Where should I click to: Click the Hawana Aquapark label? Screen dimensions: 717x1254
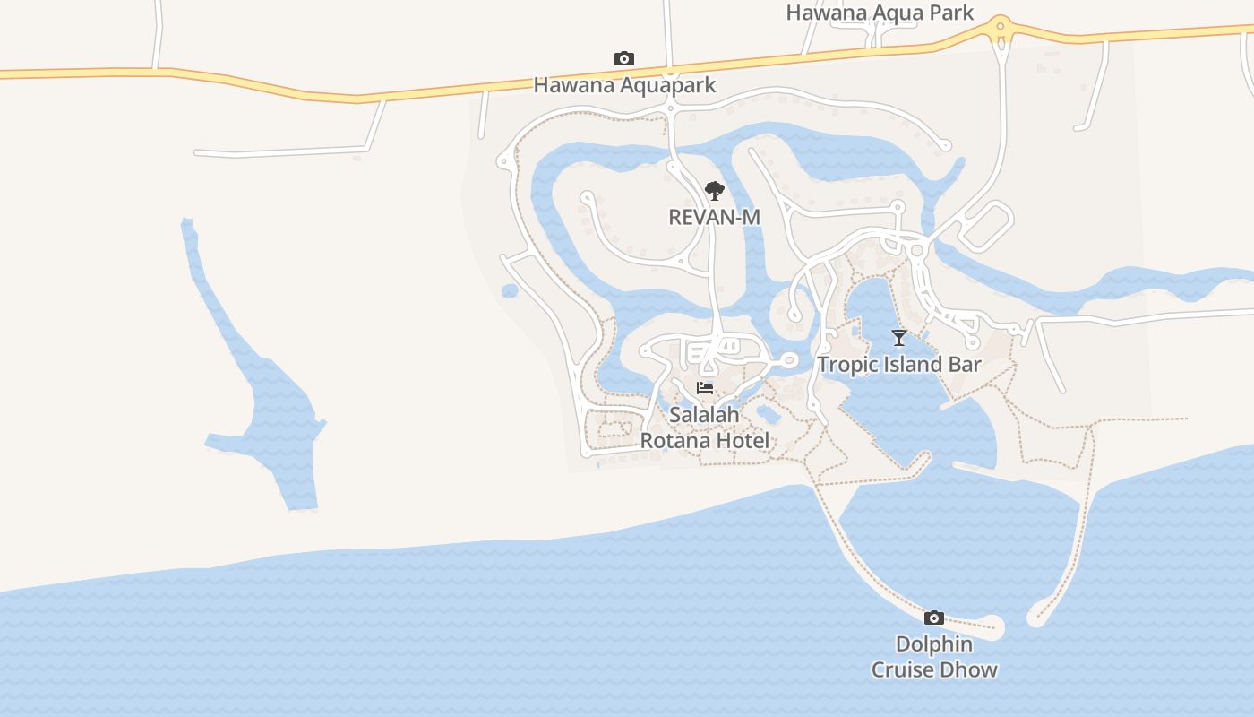point(624,85)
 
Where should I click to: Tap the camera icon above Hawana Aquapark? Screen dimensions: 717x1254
point(624,59)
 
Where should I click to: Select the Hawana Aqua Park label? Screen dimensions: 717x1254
point(879,13)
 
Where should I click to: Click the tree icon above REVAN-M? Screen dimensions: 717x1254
point(714,190)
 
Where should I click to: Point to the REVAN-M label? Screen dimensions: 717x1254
point(714,217)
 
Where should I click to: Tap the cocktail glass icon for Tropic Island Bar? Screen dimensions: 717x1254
point(899,337)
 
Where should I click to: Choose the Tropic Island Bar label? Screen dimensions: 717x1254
point(898,365)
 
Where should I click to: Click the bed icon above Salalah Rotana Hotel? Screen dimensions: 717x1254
point(705,388)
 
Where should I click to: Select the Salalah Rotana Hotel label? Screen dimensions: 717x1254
point(704,428)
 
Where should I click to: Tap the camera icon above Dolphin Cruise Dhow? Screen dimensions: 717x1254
point(934,618)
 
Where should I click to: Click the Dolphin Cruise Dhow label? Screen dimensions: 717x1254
point(934,657)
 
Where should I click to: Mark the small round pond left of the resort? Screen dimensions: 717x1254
point(510,290)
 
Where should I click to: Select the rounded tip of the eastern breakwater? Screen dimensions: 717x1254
point(1037,617)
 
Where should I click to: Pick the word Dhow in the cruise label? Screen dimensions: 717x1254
point(971,670)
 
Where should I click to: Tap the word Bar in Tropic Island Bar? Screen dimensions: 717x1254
point(964,365)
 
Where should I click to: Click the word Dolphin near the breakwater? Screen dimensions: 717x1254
point(934,644)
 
